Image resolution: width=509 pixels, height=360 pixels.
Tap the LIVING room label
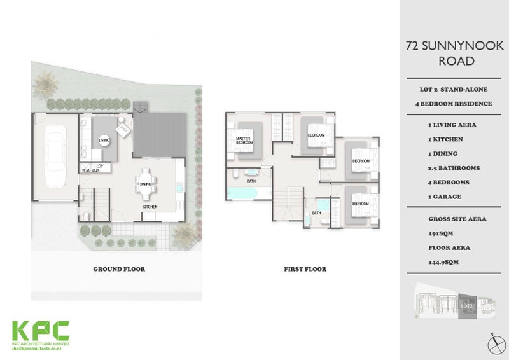click(104, 138)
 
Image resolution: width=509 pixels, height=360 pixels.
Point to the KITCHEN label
click(150, 207)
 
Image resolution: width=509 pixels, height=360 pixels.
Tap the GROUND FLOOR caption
click(119, 269)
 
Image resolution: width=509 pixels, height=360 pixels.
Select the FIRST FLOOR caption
click(305, 269)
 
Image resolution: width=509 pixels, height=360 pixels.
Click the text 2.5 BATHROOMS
click(453, 168)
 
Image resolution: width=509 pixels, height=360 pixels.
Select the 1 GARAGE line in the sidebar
click(445, 197)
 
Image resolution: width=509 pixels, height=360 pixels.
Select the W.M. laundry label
click(85, 170)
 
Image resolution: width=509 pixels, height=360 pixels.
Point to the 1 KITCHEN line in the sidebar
click(447, 139)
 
